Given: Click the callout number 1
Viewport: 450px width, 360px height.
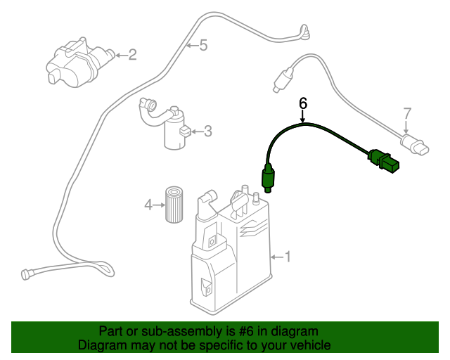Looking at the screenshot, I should point(287,257).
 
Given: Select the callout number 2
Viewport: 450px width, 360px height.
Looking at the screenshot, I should point(132,53).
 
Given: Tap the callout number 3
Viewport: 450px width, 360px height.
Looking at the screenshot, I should point(207,130).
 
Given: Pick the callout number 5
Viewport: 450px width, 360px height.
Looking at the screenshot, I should point(202,46).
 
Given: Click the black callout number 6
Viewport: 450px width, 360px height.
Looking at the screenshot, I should point(303,103).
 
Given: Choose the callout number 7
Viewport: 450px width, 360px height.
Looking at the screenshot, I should point(406,112).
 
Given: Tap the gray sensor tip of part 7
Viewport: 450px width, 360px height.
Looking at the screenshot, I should point(281,79).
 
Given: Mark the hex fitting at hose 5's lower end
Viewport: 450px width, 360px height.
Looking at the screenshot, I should point(29,273).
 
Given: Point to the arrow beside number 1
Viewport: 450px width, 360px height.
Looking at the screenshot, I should point(277,257).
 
